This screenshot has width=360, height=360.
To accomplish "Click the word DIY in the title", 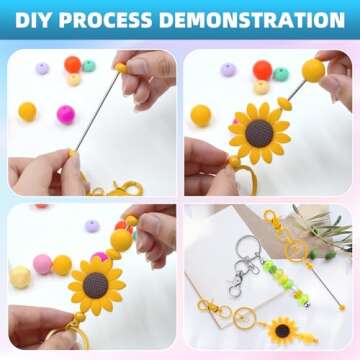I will click(x=37, y=20).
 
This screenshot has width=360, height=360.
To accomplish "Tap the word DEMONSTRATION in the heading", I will click(x=253, y=20).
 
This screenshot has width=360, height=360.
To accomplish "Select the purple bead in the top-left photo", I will click(x=42, y=69).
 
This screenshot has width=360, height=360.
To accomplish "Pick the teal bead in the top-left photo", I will click(x=89, y=66).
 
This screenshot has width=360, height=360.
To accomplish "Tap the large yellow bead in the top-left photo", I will click(x=27, y=111).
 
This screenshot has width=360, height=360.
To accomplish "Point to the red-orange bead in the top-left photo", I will click(x=72, y=64).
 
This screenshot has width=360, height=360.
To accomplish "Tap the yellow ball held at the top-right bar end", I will click(x=313, y=71).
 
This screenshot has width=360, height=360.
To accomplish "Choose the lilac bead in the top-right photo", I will click(x=230, y=70).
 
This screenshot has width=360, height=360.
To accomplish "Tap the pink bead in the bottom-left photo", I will click(x=42, y=264).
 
